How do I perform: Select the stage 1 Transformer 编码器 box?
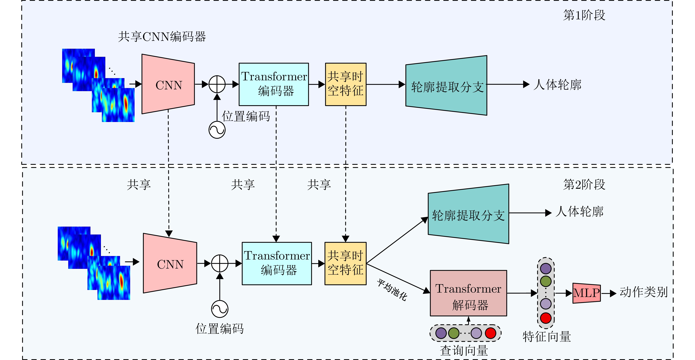pos(274,84)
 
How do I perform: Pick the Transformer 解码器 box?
pos(468,293)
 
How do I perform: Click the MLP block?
pos(587,293)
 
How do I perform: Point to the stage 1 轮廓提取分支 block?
pos(447,86)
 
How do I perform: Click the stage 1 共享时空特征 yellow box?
pos(346,84)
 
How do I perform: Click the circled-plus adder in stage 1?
pos(217,84)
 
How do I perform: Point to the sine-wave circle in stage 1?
pos(217,130)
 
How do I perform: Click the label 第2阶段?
pos(584,185)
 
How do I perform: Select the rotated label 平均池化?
pos(392,290)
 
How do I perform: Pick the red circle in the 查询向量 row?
pos(491,333)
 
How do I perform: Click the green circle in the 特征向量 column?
pos(546,282)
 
